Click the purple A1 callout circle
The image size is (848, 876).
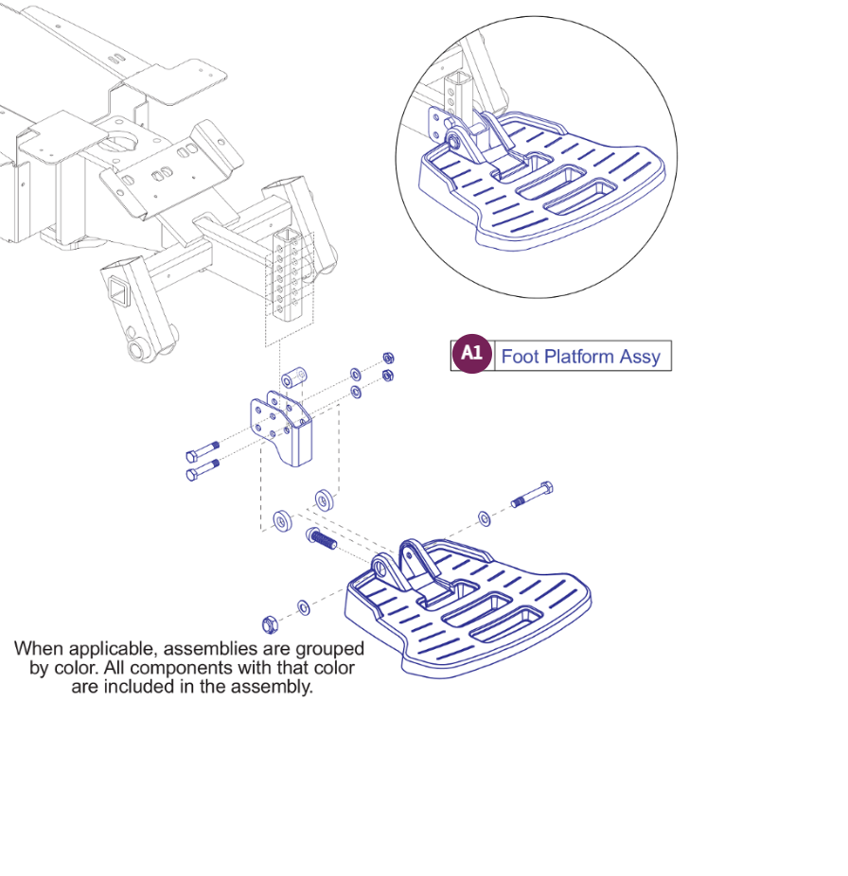tap(471, 355)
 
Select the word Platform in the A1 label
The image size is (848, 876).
tap(577, 357)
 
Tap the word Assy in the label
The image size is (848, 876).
tap(640, 358)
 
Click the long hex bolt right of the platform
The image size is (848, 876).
tap(532, 495)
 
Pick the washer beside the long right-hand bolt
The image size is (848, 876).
tap(485, 517)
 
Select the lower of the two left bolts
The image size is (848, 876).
tap(203, 468)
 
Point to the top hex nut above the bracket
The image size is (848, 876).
tap(388, 358)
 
